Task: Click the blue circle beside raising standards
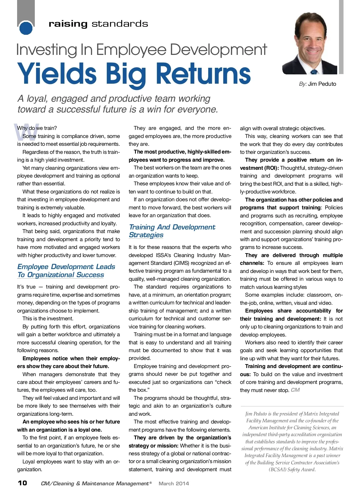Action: (x=26, y=28)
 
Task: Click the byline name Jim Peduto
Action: (x=322, y=84)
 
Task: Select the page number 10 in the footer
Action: (x=22, y=483)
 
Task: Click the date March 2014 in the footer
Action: (x=174, y=483)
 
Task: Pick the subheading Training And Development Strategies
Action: (x=172, y=231)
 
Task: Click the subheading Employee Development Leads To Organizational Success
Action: (x=66, y=271)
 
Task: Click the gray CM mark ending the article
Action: (x=295, y=390)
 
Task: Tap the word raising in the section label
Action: (x=68, y=24)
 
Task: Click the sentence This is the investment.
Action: (x=48, y=319)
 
